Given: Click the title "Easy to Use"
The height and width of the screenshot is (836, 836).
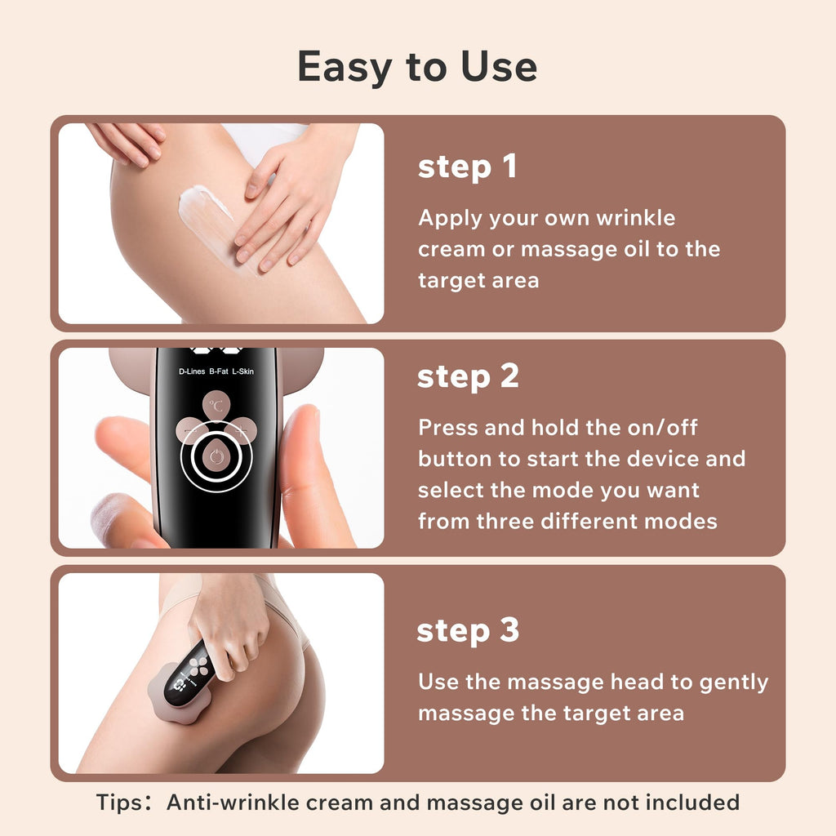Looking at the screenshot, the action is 417,67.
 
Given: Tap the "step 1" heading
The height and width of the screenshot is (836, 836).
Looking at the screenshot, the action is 468,167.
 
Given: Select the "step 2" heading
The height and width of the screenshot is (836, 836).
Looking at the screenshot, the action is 468,376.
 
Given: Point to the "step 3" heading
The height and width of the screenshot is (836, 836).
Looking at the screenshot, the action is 468,630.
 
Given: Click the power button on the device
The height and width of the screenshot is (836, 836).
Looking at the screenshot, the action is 216,456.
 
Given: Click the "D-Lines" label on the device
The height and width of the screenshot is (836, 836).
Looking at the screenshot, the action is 192,371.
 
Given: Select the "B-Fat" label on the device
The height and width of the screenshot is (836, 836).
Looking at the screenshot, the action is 219,371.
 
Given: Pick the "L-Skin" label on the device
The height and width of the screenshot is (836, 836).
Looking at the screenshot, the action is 242,371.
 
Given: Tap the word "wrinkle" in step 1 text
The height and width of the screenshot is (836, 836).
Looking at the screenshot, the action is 635,217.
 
